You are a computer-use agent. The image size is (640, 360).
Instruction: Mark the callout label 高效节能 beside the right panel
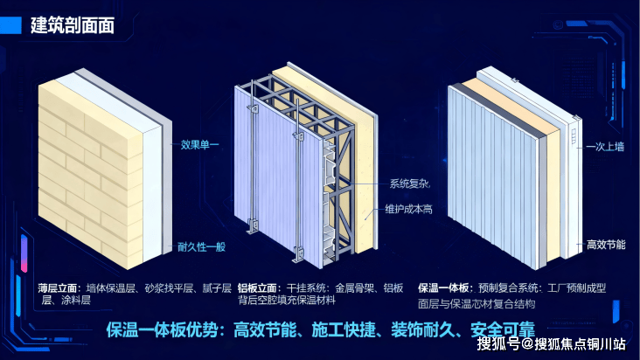(x=605, y=246)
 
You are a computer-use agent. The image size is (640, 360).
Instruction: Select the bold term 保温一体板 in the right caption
(x=445, y=287)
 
